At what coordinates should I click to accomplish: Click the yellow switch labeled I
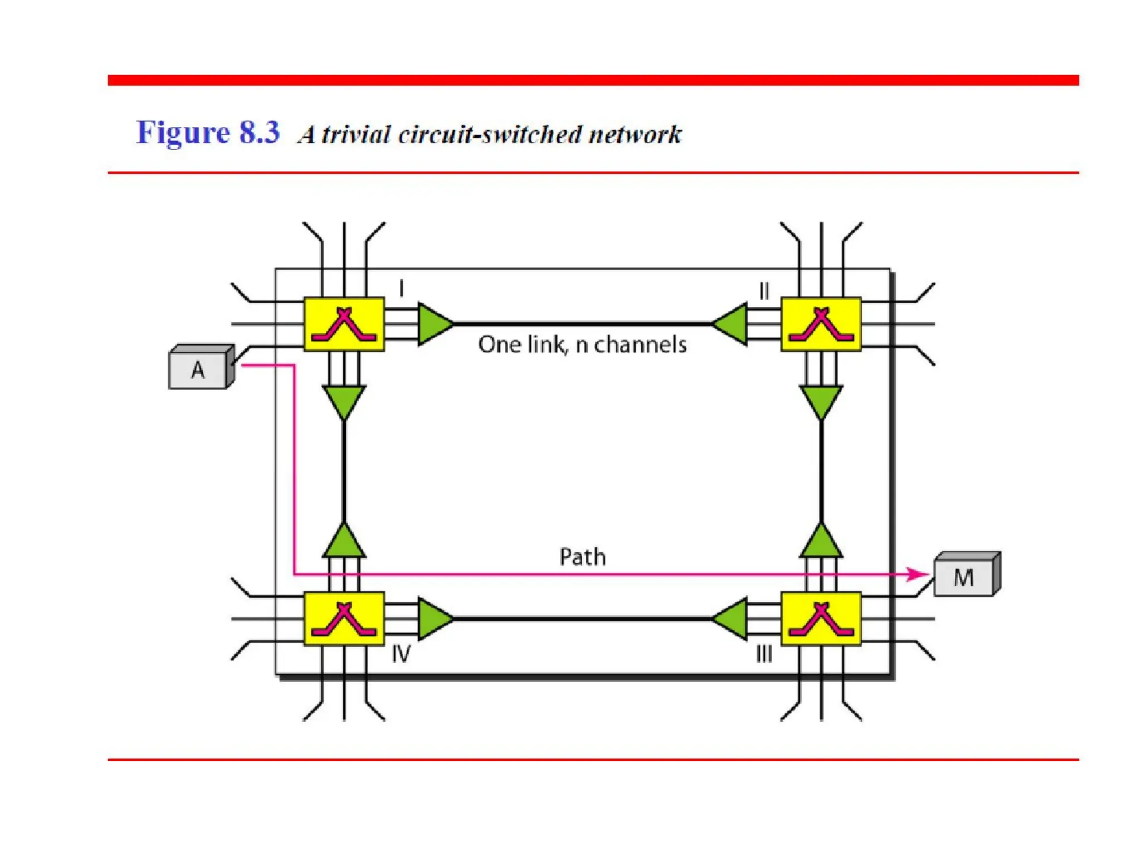344,324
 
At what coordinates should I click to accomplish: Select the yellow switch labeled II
821,324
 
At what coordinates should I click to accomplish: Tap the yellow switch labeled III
821,619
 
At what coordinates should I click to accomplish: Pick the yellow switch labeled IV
344,619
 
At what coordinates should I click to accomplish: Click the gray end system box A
198,369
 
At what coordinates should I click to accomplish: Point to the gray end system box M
964,577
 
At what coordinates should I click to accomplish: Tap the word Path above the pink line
582,557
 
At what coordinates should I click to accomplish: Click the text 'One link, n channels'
582,345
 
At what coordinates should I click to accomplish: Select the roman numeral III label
764,654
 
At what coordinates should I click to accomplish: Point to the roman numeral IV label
401,654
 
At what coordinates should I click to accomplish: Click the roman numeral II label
764,290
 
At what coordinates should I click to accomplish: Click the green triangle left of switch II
731,324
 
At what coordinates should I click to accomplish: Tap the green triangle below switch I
344,400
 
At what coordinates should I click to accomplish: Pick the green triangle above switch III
821,542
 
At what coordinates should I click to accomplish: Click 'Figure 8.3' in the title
208,133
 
